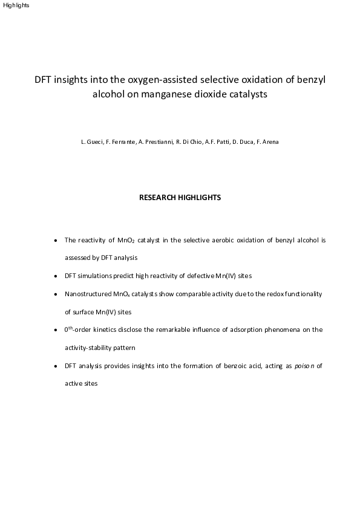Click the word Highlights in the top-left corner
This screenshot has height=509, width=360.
point(15,5)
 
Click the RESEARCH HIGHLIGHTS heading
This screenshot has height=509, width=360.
point(180,198)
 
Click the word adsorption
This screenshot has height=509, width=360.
point(238,329)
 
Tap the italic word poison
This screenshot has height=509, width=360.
point(304,366)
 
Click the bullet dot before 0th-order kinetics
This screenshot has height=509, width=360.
point(56,330)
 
